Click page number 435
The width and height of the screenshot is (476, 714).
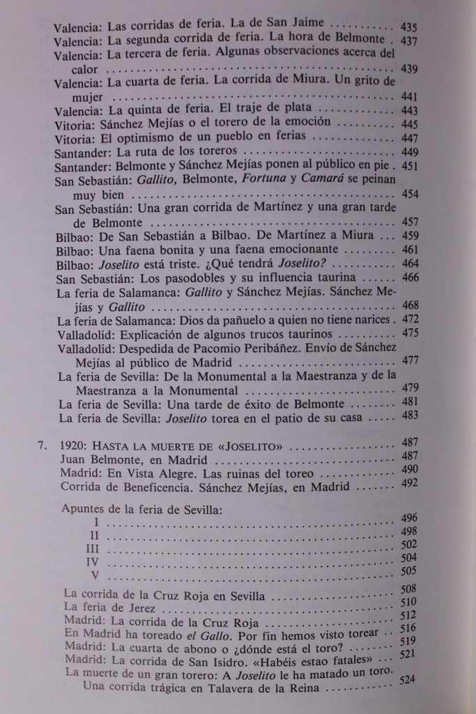tap(410, 28)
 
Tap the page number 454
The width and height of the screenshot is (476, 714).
tap(410, 194)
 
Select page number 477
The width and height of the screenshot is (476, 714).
tap(410, 360)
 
